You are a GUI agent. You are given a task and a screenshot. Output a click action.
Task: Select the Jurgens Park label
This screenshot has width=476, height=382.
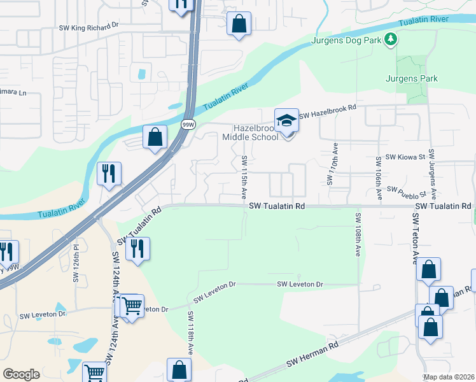pyautogui.click(x=412, y=79)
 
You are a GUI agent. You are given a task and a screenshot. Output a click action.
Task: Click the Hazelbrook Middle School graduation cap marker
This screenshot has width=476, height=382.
pyautogui.click(x=286, y=120)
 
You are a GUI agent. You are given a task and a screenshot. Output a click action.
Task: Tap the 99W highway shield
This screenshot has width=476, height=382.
pyautogui.click(x=188, y=124)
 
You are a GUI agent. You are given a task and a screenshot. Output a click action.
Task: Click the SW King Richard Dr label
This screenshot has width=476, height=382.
pyautogui.click(x=88, y=27)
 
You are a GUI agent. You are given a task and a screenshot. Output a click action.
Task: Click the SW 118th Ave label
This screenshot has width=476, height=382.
pyautogui.click(x=190, y=337)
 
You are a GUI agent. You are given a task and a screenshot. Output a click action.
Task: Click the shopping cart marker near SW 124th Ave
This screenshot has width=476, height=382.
pyautogui.click(x=132, y=307)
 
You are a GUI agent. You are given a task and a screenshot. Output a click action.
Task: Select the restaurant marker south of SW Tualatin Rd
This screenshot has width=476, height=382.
pyautogui.click(x=137, y=250)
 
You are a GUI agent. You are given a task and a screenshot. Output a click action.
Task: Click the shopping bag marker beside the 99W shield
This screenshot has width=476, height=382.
pyautogui.click(x=155, y=137)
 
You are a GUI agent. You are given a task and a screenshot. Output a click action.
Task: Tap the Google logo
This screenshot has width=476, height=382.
pyautogui.click(x=21, y=374)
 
